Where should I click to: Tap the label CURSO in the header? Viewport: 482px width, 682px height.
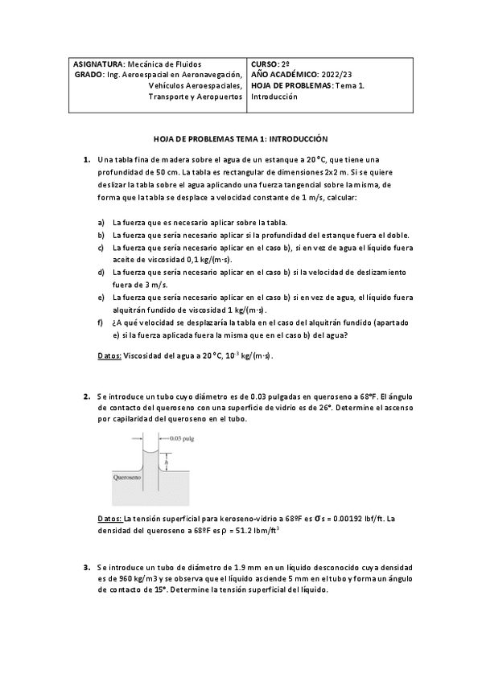click(265, 64)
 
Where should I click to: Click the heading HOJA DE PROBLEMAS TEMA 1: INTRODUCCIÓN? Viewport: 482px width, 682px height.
click(241, 138)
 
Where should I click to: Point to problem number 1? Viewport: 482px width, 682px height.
click(86, 160)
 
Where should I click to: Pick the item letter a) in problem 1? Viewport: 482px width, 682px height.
click(101, 222)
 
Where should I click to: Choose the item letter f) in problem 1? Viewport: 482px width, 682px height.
click(101, 323)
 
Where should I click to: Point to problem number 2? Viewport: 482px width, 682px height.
click(86, 396)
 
